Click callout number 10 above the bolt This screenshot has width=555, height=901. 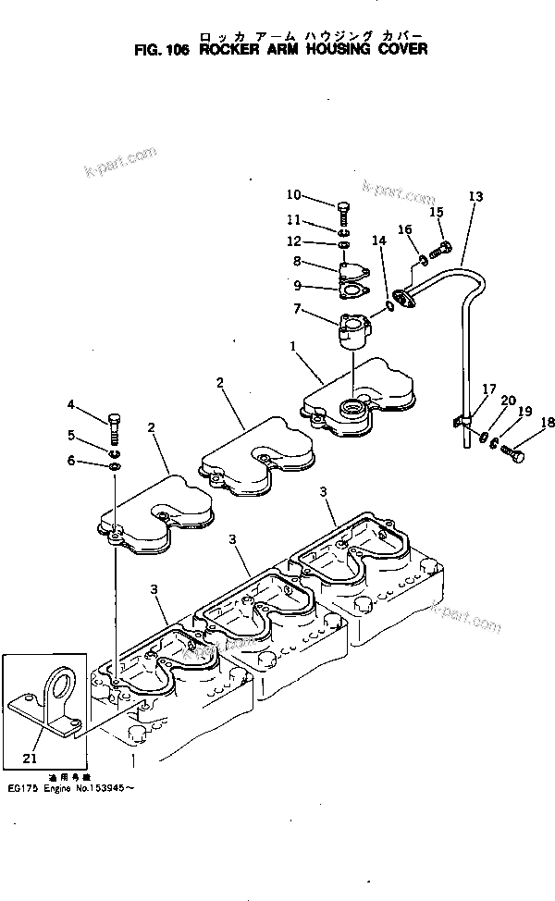tap(293, 194)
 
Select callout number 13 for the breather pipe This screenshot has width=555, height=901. tap(475, 196)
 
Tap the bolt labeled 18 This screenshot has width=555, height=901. tap(513, 454)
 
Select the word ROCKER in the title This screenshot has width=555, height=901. tap(230, 49)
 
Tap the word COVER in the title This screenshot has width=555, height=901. tap(405, 49)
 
